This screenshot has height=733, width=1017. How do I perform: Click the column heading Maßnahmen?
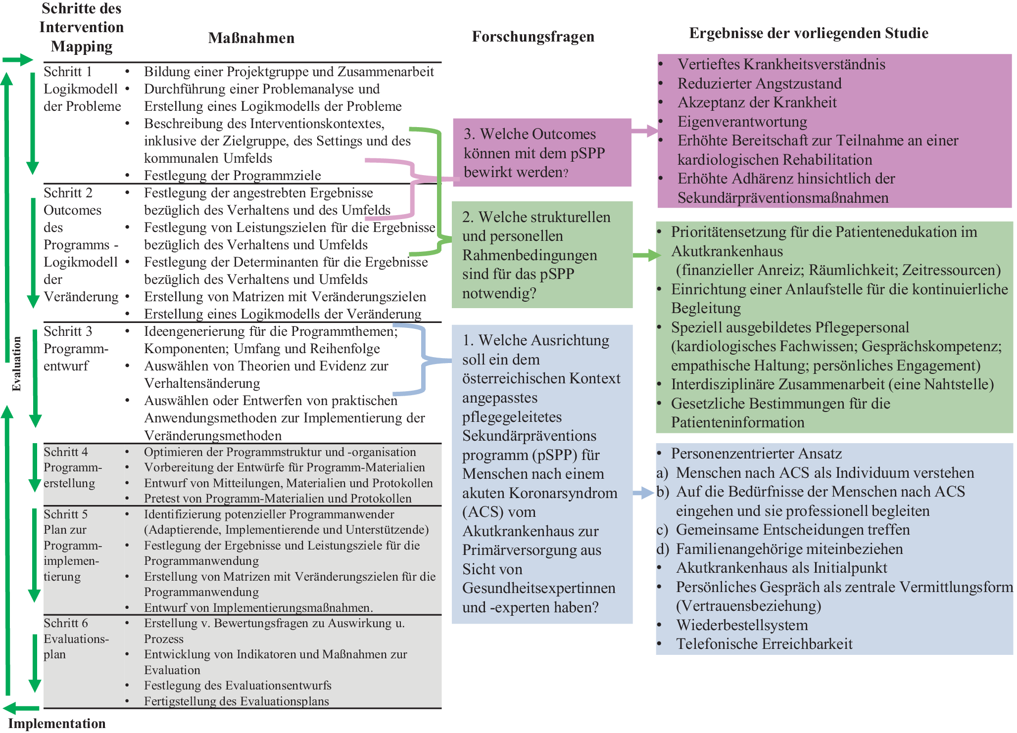coord(251,38)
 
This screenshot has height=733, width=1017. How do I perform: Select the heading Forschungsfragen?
coord(533,37)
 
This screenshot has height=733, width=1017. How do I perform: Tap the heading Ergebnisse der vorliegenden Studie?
coord(808,33)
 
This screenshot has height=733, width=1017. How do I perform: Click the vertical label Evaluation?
coord(17,364)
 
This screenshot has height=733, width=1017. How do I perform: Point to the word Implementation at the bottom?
coord(57,723)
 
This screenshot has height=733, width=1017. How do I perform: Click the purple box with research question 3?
coord(541,152)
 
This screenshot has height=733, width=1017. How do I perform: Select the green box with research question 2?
coord(541,255)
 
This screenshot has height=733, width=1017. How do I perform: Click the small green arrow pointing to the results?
coord(647,255)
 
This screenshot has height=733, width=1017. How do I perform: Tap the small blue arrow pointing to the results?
coord(644,493)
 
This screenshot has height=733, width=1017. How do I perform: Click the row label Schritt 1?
coord(68,72)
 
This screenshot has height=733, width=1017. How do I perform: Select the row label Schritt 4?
coord(66,452)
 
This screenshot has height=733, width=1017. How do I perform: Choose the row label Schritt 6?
coord(66,623)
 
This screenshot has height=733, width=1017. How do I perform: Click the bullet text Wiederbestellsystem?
coord(742,625)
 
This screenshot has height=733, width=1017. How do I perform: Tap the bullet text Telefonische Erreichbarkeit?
coord(764,644)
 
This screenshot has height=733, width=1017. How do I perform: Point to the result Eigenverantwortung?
coord(742,122)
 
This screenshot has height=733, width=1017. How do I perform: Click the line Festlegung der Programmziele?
coord(232,176)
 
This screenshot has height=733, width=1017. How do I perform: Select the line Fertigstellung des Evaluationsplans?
coord(236,701)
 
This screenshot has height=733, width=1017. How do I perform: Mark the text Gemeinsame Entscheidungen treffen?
coord(793,530)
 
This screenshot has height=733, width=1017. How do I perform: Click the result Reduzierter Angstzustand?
coord(759,84)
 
